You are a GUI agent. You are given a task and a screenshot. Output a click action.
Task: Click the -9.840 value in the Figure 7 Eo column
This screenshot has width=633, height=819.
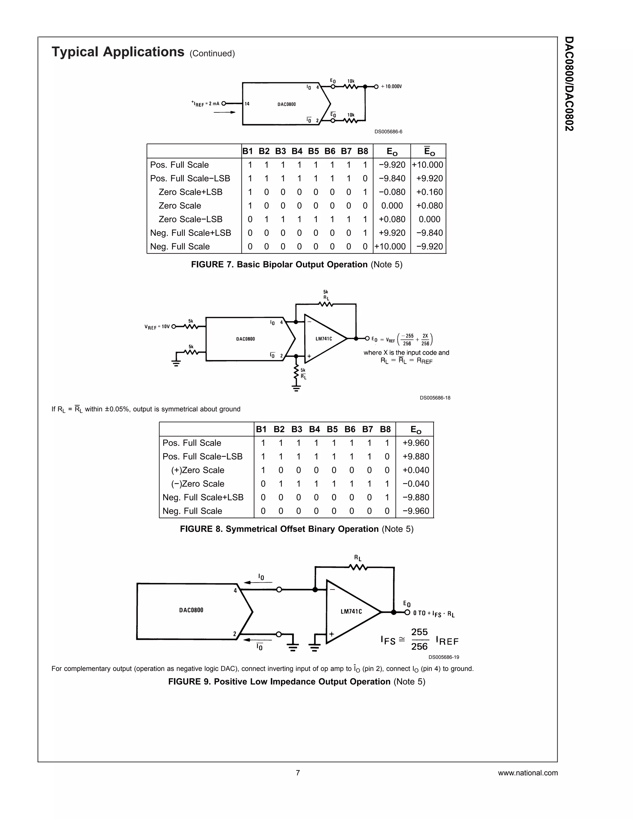(392, 179)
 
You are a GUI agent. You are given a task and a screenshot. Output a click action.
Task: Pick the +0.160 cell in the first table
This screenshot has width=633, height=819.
(429, 192)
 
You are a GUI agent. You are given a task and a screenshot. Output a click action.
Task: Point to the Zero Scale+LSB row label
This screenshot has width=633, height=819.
(190, 192)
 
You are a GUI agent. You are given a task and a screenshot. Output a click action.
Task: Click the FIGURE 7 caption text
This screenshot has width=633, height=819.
(296, 264)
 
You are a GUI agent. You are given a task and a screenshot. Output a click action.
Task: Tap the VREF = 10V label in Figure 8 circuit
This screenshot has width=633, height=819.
(157, 327)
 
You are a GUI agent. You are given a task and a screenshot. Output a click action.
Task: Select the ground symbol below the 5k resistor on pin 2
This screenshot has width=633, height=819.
(296, 388)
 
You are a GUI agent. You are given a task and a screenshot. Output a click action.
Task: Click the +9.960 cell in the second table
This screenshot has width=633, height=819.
(415, 443)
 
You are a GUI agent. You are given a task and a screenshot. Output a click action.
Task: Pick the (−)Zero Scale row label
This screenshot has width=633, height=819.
(198, 484)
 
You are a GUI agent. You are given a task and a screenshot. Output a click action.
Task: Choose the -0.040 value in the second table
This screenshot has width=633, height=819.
(415, 484)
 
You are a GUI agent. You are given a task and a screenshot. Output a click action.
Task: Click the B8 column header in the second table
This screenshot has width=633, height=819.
(385, 429)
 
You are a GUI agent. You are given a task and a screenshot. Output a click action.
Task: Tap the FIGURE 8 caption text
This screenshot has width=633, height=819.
(296, 529)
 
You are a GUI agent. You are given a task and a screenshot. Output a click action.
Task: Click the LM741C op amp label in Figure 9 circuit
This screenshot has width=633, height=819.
(351, 612)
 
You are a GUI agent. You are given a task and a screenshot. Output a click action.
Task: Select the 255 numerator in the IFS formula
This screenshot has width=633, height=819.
(419, 632)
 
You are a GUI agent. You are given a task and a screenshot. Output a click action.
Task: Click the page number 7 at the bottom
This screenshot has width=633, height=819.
(298, 773)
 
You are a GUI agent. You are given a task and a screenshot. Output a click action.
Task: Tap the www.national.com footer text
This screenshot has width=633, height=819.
(528, 773)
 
